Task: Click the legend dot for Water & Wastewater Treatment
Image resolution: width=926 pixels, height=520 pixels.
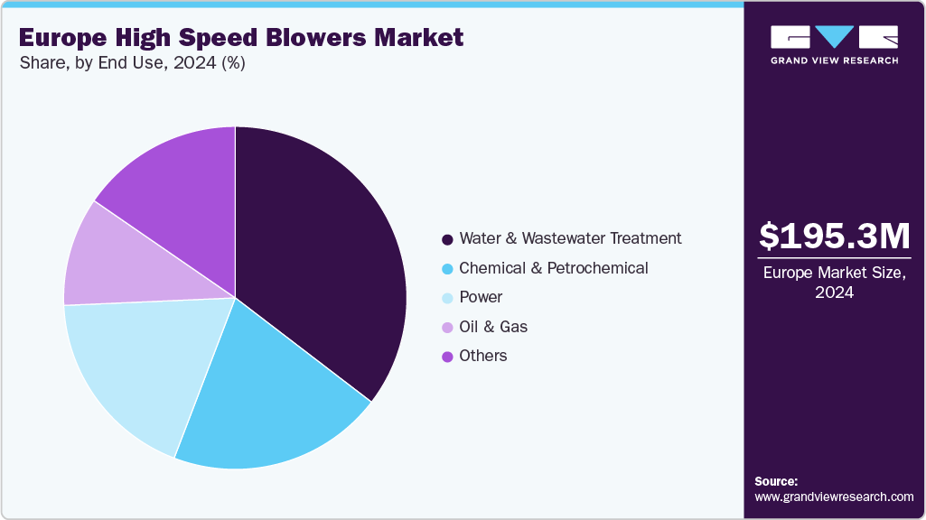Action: (x=448, y=239)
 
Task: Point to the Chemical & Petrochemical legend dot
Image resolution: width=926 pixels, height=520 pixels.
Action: (x=448, y=269)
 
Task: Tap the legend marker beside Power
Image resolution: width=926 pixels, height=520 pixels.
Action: (x=448, y=298)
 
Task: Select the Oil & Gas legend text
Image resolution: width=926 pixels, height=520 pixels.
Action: (x=493, y=327)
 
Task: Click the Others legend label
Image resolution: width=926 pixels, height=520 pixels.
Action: (x=483, y=356)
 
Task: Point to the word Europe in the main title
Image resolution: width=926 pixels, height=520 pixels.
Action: (x=63, y=38)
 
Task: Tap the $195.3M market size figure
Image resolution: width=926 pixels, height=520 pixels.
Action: (x=835, y=236)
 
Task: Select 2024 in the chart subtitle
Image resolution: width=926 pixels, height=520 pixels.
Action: (x=194, y=62)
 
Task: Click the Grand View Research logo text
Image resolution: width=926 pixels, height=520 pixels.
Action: (x=835, y=60)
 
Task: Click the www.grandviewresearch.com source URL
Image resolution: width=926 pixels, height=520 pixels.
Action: (x=834, y=497)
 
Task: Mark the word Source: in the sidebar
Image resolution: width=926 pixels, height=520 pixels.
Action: (x=776, y=481)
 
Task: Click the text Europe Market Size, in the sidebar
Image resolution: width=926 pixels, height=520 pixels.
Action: (x=835, y=273)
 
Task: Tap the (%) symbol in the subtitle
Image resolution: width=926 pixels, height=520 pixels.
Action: (x=233, y=63)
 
